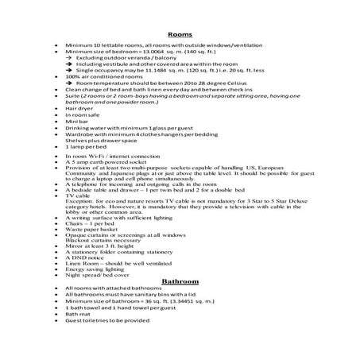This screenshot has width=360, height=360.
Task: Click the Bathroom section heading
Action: pos(179,282)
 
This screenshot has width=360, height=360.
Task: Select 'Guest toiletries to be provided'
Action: pos(110,322)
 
